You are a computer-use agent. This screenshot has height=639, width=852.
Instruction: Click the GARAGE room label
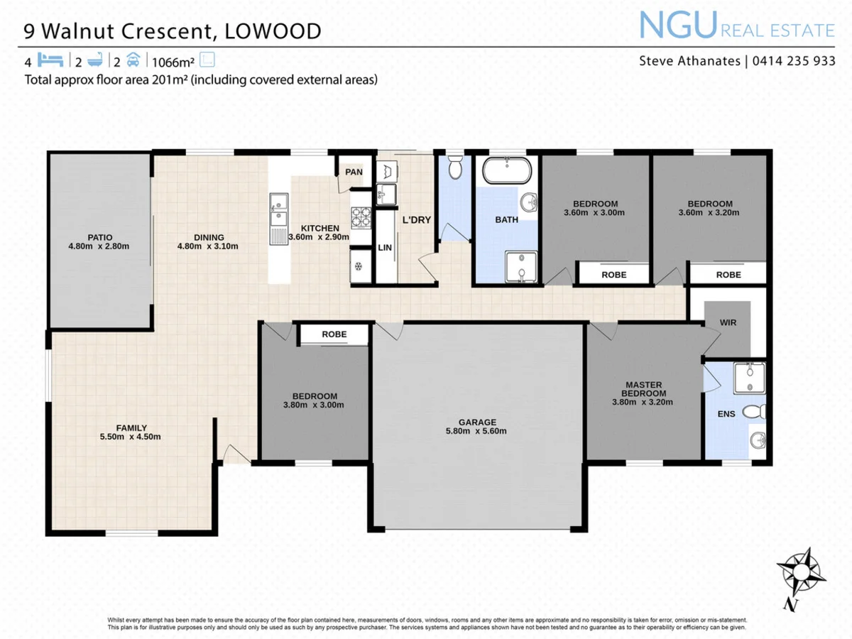click(476, 421)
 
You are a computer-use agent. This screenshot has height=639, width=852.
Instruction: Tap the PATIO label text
click(100, 237)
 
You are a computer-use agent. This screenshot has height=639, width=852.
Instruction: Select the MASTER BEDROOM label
click(643, 388)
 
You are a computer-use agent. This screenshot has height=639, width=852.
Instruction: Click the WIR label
click(727, 322)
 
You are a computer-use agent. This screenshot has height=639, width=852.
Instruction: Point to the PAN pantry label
click(354, 172)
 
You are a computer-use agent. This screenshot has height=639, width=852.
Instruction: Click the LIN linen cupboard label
click(385, 248)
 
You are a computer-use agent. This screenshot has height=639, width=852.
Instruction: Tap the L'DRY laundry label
click(417, 220)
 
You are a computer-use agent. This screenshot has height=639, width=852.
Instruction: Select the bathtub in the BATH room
click(506, 171)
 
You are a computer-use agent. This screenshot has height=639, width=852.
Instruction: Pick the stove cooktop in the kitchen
click(361, 217)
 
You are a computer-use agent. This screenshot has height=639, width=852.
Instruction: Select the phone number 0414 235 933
click(792, 61)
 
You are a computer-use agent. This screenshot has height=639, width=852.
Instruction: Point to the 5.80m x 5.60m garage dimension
click(476, 430)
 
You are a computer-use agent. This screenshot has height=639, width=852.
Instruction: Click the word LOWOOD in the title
click(273, 31)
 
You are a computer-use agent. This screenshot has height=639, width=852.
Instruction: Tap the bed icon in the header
click(52, 60)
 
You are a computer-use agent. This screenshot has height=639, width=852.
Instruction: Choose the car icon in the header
click(134, 60)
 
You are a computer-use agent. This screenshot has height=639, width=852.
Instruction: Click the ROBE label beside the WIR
click(728, 275)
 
